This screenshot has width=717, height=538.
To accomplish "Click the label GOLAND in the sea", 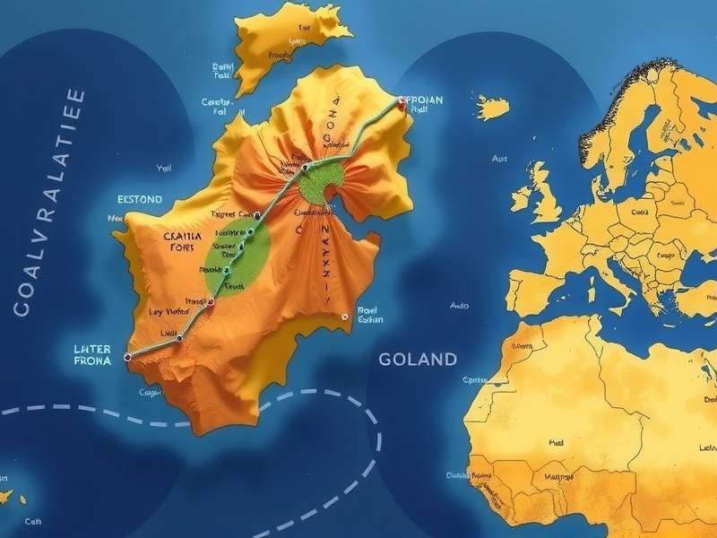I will pyautogui.click(x=418, y=360).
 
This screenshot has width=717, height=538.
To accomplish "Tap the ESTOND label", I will pyautogui.click(x=140, y=199).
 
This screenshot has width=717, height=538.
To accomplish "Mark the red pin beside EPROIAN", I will pyautogui.click(x=402, y=105).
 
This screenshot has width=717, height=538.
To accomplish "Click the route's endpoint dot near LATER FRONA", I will pyautogui.click(x=127, y=357).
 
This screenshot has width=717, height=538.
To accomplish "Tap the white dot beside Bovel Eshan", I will pyautogui.click(x=344, y=316).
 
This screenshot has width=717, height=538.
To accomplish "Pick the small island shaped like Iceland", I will pyautogui.click(x=492, y=108).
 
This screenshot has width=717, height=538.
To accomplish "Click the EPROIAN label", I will pyautogui.click(x=421, y=100).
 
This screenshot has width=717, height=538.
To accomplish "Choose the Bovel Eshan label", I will pyautogui.click(x=369, y=315).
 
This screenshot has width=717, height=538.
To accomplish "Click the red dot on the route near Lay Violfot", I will pyautogui.click(x=212, y=303).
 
